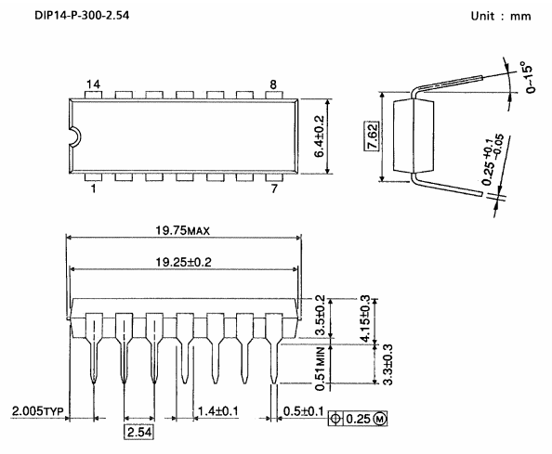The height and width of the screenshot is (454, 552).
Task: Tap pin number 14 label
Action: coord(93,84)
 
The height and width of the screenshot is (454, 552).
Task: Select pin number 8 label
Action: coord(274,84)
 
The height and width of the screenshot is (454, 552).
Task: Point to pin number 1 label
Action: coord(93,190)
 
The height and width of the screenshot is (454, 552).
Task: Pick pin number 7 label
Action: coord(274,190)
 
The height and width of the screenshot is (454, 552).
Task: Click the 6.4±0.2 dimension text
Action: coord(321,137)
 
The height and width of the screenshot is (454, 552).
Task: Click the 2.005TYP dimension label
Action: coord(36,409)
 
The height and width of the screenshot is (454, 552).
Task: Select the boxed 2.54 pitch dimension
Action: coord(138,432)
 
